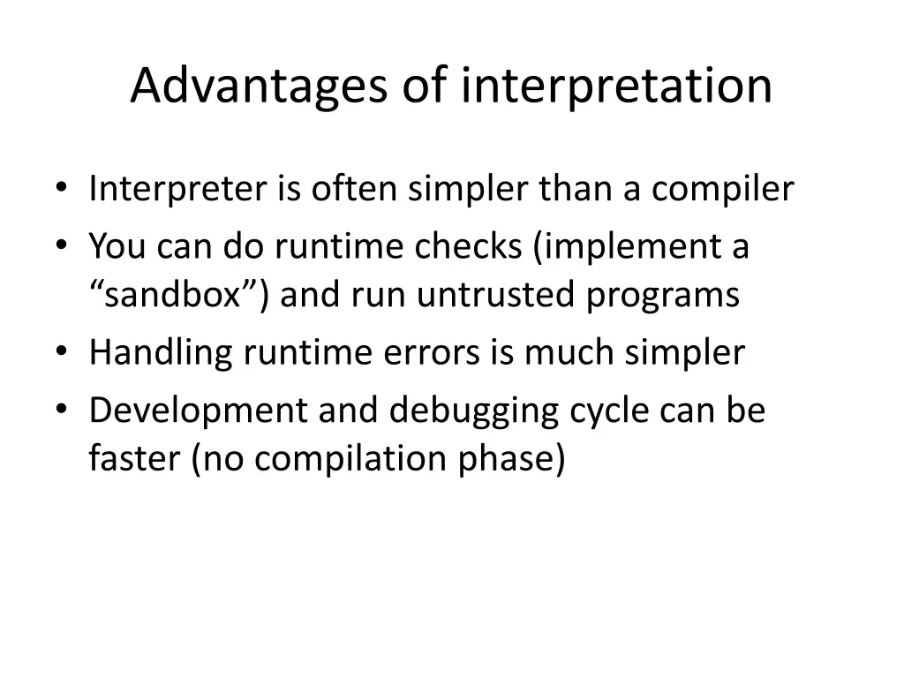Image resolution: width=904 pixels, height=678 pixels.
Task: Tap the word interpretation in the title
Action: click(x=616, y=87)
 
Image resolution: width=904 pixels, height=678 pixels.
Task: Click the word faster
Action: click(x=133, y=458)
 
